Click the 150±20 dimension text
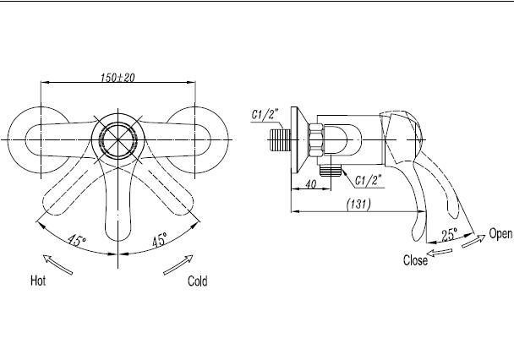[118, 78]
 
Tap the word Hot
[38, 281]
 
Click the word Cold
[197, 281]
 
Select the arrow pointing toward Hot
[57, 265]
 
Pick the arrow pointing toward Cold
[178, 265]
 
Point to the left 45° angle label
[77, 240]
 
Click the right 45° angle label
[160, 239]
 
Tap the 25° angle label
[450, 235]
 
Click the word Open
[500, 233]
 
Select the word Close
[415, 260]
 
